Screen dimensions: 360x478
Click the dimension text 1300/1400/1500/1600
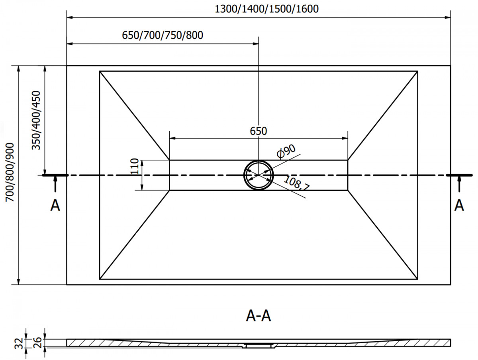click(x=266, y=9)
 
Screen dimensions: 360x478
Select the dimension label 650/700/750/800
click(x=163, y=35)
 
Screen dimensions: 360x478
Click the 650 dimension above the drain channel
click(x=259, y=131)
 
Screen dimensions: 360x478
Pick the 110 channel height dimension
click(x=135, y=167)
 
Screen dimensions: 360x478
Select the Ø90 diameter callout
click(x=286, y=152)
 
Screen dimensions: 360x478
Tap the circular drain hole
click(x=259, y=175)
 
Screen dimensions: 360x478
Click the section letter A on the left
click(x=55, y=205)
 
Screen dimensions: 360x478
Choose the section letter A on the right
click(x=459, y=205)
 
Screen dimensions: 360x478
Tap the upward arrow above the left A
click(x=55, y=185)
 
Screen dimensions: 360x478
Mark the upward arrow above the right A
click(x=459, y=185)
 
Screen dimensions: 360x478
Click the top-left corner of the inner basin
click(x=100, y=71)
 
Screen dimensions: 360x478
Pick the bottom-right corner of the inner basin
click(x=418, y=279)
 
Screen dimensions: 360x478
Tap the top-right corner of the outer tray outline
click(x=451, y=66)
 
